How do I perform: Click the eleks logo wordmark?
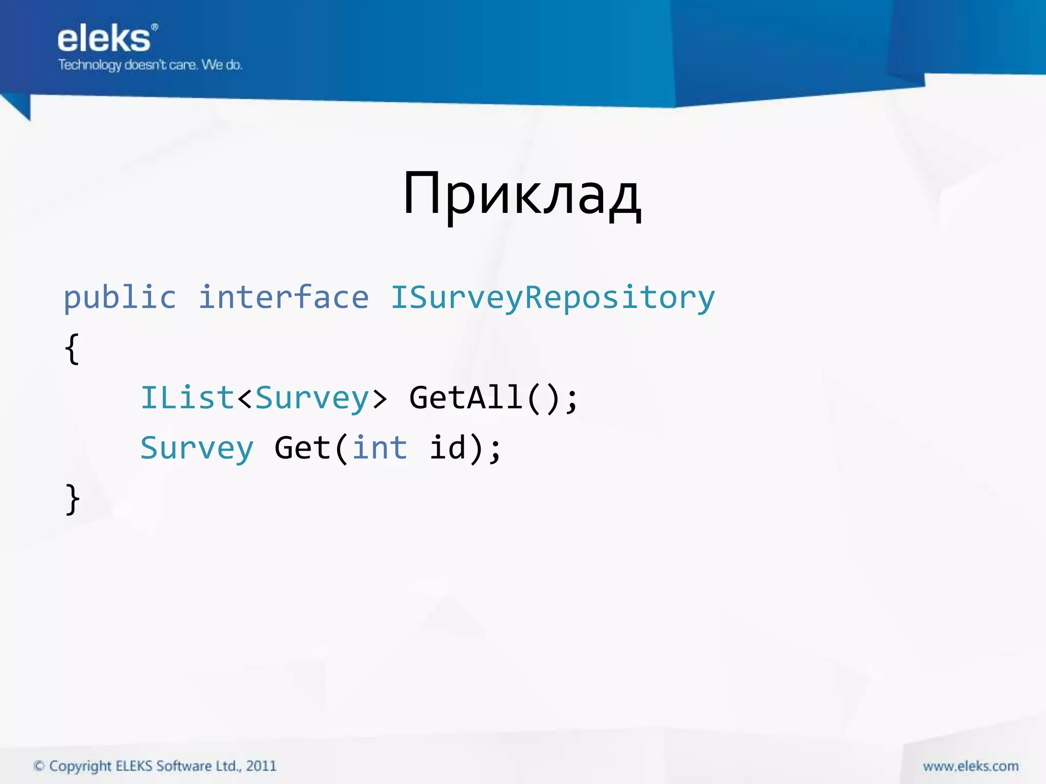(x=104, y=39)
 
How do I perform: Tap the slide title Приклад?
(x=521, y=194)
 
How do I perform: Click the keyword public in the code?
(x=120, y=298)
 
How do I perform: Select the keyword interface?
(x=283, y=298)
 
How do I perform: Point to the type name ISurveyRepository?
(x=553, y=298)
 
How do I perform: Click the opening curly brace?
(x=72, y=349)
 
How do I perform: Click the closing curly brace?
(x=73, y=499)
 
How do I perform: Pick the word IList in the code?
(x=187, y=398)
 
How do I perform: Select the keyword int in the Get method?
(x=379, y=448)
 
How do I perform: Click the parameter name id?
(x=447, y=448)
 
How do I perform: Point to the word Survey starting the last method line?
(x=197, y=449)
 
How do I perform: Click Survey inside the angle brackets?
(x=312, y=399)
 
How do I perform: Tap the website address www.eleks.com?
(x=970, y=766)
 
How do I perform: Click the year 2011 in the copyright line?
(x=261, y=766)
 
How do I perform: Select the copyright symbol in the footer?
(x=39, y=766)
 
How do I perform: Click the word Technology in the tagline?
(x=90, y=65)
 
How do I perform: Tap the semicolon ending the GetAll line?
(x=572, y=399)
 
